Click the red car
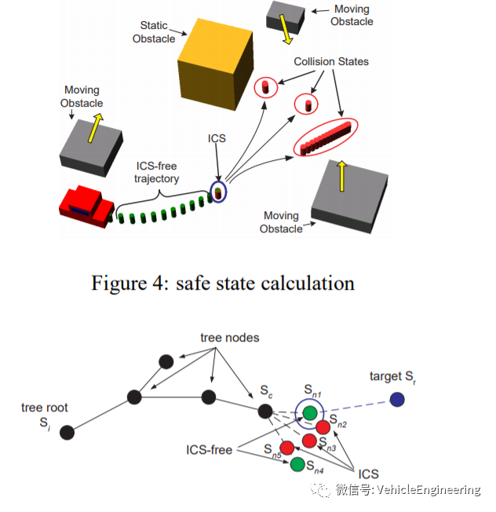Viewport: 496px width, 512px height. coord(87,207)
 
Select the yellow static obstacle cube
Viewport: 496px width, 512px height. coord(216,64)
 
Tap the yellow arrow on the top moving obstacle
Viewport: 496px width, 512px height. coord(286,29)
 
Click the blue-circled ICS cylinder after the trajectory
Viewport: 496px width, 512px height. coord(218,193)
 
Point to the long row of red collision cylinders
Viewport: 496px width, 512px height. coord(326,137)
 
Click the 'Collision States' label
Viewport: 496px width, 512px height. coord(331,62)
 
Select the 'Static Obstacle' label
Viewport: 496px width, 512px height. coord(154,32)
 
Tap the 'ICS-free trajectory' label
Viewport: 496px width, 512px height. coord(157,173)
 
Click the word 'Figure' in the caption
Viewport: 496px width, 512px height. coord(119,283)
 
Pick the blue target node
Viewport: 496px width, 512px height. coord(397,400)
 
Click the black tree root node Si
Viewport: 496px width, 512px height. coord(67,433)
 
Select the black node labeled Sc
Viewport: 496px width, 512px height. coord(265,411)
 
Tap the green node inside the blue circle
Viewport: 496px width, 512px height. coord(310,413)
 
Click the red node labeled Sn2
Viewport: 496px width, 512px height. coord(323,427)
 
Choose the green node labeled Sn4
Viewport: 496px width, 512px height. coord(297,464)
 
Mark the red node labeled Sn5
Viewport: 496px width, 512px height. coord(287,448)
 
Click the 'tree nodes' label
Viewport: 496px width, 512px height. coord(230,338)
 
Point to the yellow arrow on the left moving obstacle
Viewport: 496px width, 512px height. coord(95,128)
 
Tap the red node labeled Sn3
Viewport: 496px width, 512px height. coord(309,441)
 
